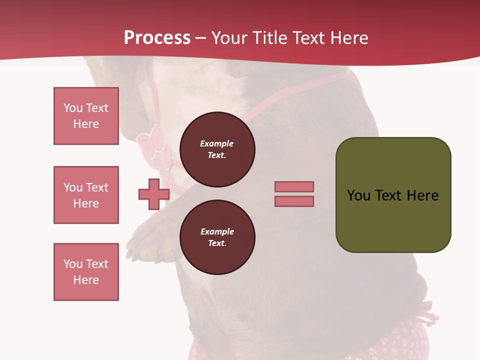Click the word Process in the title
click(x=157, y=38)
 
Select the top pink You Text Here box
click(x=86, y=116)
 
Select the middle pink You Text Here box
click(x=86, y=195)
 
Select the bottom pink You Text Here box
click(x=86, y=272)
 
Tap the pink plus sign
click(x=154, y=194)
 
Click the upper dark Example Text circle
click(x=217, y=149)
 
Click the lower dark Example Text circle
click(x=217, y=237)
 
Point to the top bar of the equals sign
click(x=294, y=186)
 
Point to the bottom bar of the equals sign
click(x=294, y=201)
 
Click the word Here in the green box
click(x=422, y=195)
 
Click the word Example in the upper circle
click(x=216, y=144)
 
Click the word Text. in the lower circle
click(x=217, y=243)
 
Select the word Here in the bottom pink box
click(x=86, y=280)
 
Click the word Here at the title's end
click(x=349, y=38)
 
